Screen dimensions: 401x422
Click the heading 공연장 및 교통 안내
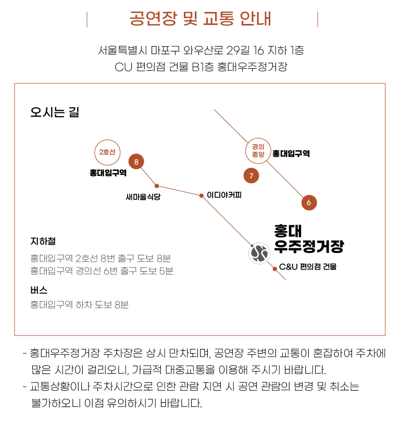pyautogui.click(x=200, y=19)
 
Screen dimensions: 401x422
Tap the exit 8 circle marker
pyautogui.click(x=136, y=162)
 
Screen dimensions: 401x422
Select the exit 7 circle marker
pyautogui.click(x=251, y=176)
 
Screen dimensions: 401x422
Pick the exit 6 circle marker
pyautogui.click(x=309, y=202)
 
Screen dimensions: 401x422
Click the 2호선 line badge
pyautogui.click(x=107, y=152)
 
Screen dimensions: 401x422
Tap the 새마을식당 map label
pyautogui.click(x=143, y=197)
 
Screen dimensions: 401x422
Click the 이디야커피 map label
pyautogui.click(x=224, y=195)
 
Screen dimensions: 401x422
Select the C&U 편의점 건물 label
pyautogui.click(x=308, y=267)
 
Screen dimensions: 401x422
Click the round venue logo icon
pyautogui.click(x=259, y=253)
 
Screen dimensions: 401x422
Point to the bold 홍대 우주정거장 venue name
pyautogui.click(x=308, y=239)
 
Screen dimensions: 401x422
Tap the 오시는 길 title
pyautogui.click(x=55, y=112)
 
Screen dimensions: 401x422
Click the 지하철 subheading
pyautogui.click(x=43, y=241)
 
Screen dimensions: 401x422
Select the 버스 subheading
pyautogui.click(x=39, y=290)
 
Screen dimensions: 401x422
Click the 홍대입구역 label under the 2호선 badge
pyautogui.click(x=108, y=173)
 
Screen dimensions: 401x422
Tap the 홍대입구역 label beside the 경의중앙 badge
pyautogui.click(x=291, y=154)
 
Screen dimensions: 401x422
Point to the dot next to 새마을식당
pyautogui.click(x=157, y=186)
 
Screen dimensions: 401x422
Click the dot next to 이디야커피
pyautogui.click(x=202, y=196)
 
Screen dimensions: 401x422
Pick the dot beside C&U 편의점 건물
pyautogui.click(x=274, y=268)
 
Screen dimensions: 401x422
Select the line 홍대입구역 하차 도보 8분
pyautogui.click(x=79, y=304)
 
